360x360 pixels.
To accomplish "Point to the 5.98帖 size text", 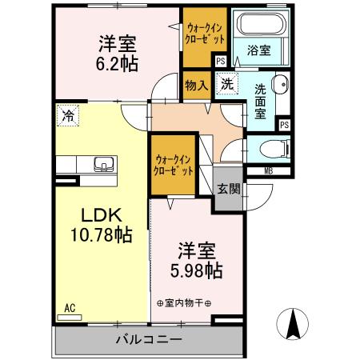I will [x=194, y=271].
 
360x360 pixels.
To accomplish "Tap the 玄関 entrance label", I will [x=228, y=189].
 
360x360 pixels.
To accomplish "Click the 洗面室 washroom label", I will [x=261, y=102].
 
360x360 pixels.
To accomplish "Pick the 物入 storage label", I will [x=196, y=84].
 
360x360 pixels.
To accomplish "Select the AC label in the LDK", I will [x=69, y=306].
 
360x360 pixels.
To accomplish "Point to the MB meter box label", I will [x=268, y=170].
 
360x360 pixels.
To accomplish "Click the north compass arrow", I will [x=294, y=324].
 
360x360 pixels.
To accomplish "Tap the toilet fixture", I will [x=267, y=148].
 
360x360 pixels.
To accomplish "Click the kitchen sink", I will [x=102, y=166].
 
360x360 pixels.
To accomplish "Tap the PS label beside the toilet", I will [x=283, y=124].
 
